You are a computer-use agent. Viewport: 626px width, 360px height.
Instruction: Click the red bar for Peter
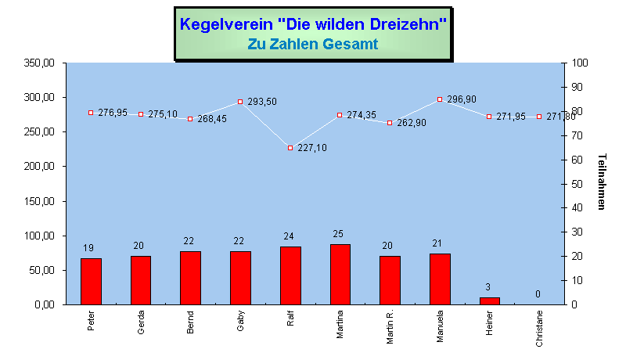point(91,281)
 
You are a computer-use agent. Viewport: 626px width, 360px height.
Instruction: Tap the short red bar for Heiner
point(490,301)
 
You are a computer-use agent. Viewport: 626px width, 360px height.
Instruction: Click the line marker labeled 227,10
point(290,147)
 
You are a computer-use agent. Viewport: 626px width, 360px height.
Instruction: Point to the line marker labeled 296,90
point(440,99)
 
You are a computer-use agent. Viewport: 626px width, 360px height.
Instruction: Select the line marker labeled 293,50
point(240,102)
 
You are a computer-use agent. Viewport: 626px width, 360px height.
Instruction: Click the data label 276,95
point(113,113)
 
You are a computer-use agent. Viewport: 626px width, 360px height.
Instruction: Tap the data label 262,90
point(412,123)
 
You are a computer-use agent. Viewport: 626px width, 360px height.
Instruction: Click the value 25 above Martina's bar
point(340,234)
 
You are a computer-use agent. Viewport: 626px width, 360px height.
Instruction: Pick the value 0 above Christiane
point(538,294)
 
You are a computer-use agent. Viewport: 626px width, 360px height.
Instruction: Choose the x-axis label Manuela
point(441,323)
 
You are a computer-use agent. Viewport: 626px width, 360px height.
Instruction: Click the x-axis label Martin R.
point(390,325)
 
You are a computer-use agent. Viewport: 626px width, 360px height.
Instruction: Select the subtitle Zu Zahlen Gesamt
point(313,45)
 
